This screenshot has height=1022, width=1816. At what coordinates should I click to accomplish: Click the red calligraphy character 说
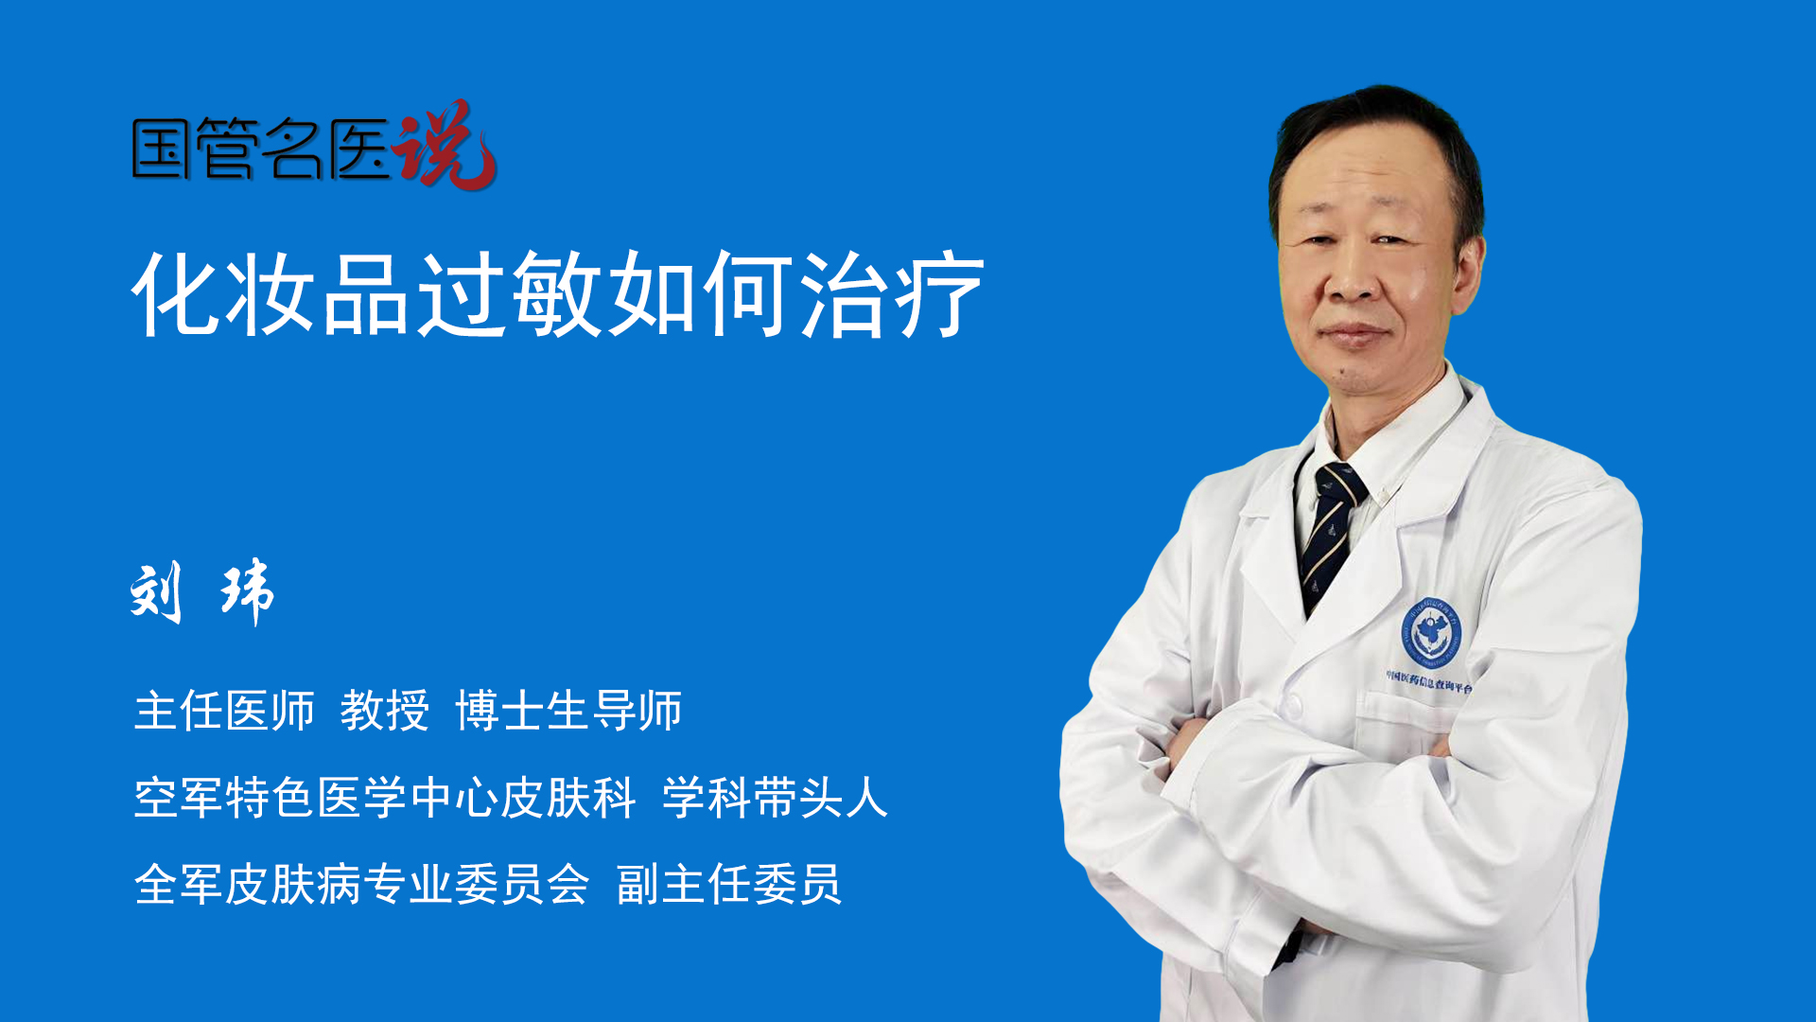tap(445, 144)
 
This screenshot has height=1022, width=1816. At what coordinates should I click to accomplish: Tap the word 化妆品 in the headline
tap(271, 293)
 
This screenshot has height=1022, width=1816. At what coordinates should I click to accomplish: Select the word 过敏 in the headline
tap(511, 293)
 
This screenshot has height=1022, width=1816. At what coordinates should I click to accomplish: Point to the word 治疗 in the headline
tap(892, 293)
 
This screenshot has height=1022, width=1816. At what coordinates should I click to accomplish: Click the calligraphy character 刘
tap(156, 593)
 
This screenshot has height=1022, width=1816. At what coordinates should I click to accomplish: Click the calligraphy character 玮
tap(248, 592)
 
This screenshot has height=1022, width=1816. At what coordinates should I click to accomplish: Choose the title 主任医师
tap(224, 711)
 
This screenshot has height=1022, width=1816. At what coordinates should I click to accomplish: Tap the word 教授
tap(385, 711)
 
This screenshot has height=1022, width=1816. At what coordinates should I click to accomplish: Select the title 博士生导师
tap(569, 711)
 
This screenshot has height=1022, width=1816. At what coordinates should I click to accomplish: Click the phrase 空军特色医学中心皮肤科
tap(385, 798)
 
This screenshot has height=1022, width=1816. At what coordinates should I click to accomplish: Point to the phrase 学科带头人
tap(776, 798)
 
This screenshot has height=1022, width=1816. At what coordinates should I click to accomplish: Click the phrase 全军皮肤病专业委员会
tap(362, 885)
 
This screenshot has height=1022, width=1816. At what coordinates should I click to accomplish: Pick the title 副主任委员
tap(729, 885)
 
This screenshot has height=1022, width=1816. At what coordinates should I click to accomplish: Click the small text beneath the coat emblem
tap(1429, 681)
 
